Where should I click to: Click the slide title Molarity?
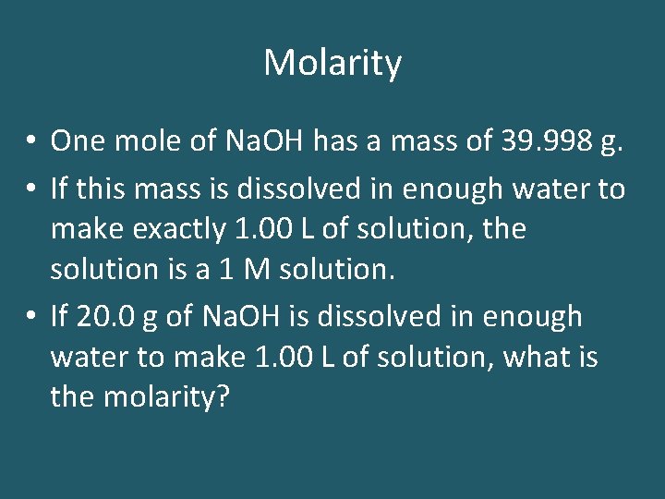(332, 64)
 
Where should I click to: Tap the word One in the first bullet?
(75, 141)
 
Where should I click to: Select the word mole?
(139, 141)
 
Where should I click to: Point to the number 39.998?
(539, 141)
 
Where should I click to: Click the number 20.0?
(112, 316)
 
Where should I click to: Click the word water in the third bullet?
(83, 356)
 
